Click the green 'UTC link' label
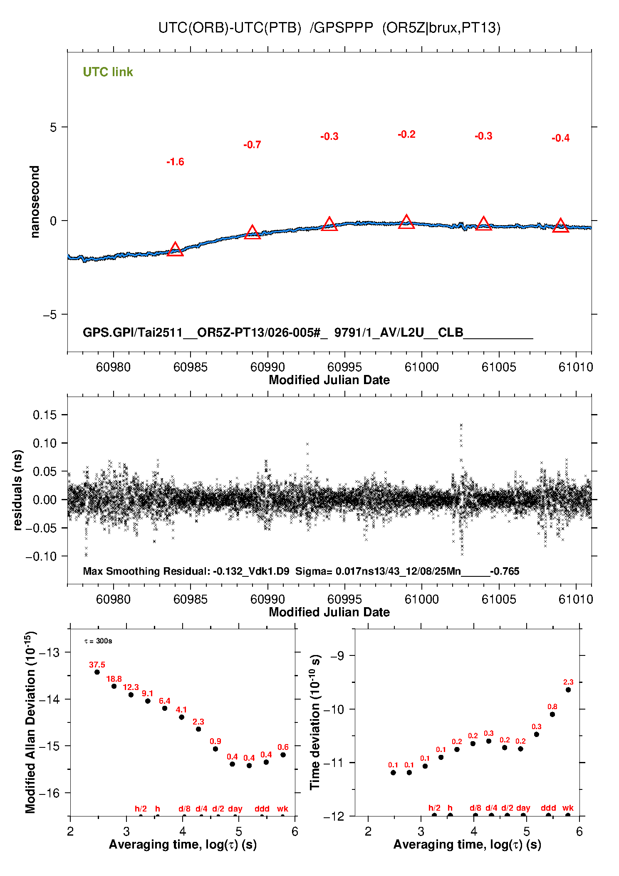click(108, 72)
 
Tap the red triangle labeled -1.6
click(175, 250)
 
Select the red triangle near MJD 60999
click(406, 222)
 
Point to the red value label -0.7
click(252, 145)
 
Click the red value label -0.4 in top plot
click(560, 138)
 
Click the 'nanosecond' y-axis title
click(35, 202)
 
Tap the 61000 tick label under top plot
click(421, 367)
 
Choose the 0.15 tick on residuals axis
click(45, 415)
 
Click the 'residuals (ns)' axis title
click(17, 490)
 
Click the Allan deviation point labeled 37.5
click(97, 672)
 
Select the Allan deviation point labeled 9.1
click(148, 701)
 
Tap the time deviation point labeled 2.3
click(568, 690)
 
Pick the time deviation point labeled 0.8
click(552, 715)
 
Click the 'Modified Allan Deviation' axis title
click(30, 722)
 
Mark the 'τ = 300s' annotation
click(98, 641)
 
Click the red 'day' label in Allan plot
click(235, 809)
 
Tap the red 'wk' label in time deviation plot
click(568, 808)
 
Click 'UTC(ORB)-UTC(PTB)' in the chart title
click(230, 28)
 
